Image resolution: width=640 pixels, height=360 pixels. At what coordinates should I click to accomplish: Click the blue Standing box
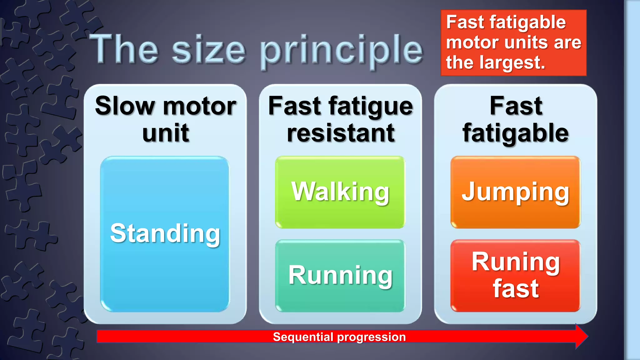(165, 234)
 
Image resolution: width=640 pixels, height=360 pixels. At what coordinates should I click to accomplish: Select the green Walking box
(340, 192)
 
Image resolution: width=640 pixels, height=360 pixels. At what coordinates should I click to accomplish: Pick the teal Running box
(340, 275)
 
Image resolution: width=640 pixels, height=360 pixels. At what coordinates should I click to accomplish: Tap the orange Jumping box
(515, 192)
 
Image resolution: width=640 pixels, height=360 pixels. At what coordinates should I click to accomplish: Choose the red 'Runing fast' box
(515, 275)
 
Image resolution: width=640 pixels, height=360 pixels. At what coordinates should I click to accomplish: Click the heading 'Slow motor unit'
(165, 119)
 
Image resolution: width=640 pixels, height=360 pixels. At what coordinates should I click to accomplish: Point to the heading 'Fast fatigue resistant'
(340, 119)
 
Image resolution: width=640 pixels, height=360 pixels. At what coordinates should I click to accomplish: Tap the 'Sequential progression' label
(339, 337)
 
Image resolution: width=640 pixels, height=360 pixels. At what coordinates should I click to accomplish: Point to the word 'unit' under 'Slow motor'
(166, 133)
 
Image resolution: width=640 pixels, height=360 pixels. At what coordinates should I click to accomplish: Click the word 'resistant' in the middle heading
(341, 133)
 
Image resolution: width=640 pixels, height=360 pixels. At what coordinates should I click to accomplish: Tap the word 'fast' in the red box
(516, 289)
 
